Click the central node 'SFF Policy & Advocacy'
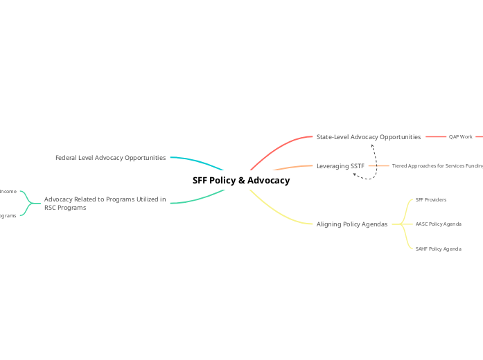tap(241, 181)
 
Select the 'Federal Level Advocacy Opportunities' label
tap(110, 158)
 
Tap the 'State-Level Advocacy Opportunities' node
tap(368, 137)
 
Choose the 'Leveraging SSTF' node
tap(340, 166)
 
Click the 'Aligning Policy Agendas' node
tap(351, 224)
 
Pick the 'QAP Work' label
tap(460, 137)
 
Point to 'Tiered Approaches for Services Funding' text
tap(437, 166)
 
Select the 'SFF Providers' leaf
tap(430, 199)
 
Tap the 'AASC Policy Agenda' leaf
tap(438, 224)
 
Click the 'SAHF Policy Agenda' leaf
tap(438, 249)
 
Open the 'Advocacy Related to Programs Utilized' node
tap(105, 199)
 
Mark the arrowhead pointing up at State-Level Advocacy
tap(372, 145)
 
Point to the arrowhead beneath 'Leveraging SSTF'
tap(355, 174)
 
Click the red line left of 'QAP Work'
tap(436, 137)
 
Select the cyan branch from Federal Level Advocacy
tap(197, 162)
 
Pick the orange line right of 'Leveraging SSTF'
tap(378, 166)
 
